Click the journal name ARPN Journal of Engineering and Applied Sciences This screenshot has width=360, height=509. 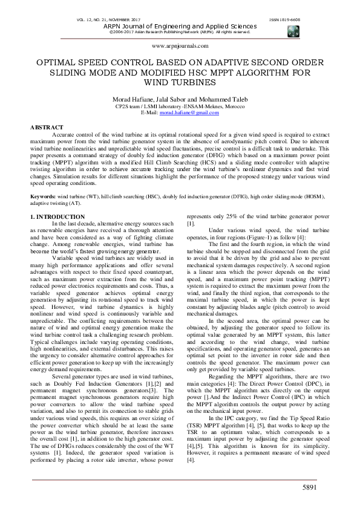click(180, 27)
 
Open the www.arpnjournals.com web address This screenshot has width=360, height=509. click(180, 45)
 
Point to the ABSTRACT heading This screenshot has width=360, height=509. click(47, 128)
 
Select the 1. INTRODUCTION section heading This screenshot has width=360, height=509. click(57, 216)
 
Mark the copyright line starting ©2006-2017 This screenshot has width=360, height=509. click(180, 32)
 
